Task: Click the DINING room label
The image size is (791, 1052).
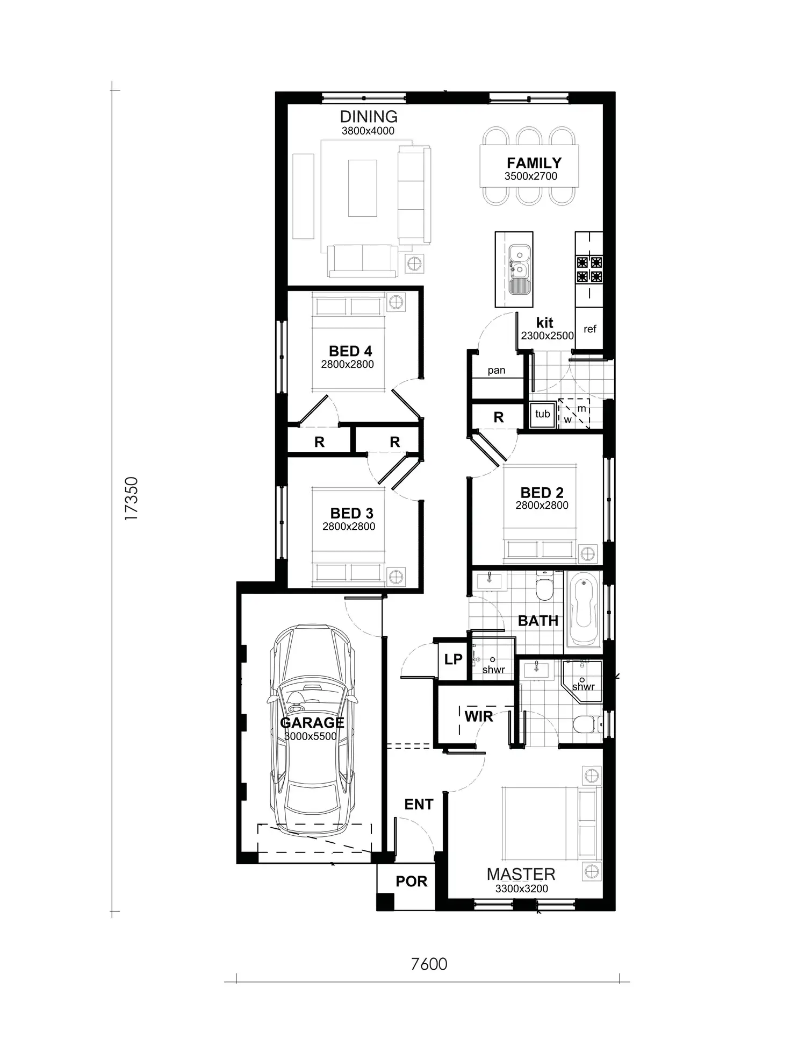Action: click(369, 117)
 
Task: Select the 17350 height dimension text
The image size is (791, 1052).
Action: click(132, 498)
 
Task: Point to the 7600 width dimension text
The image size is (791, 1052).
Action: click(429, 964)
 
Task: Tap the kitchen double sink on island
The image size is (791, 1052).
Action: click(519, 269)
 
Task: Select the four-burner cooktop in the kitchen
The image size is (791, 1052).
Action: click(589, 270)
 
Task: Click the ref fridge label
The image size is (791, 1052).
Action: click(589, 329)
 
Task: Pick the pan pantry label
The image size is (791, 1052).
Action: click(496, 370)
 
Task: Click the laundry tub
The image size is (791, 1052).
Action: click(542, 414)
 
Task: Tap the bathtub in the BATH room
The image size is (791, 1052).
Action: click(584, 609)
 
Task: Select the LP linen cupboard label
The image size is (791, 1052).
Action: click(453, 659)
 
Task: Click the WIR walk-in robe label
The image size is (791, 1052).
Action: click(478, 716)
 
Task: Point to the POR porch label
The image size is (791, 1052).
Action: click(411, 881)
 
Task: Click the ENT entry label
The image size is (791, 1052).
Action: click(419, 804)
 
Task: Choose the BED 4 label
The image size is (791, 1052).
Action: click(350, 351)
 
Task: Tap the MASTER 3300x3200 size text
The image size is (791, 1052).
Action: click(521, 888)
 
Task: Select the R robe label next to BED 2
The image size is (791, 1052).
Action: click(498, 417)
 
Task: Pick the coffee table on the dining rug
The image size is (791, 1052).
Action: click(362, 188)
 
